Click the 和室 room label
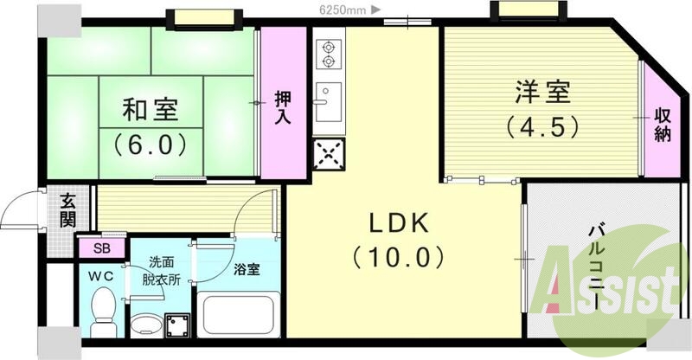[x=150, y=109]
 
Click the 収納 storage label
[x=663, y=125]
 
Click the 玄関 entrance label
[x=67, y=209]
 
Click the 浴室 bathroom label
[x=247, y=269]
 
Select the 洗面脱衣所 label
[x=161, y=270]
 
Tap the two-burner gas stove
[x=329, y=53]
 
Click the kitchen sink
[x=329, y=102]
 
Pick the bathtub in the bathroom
[x=235, y=315]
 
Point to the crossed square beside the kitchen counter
[x=329, y=157]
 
